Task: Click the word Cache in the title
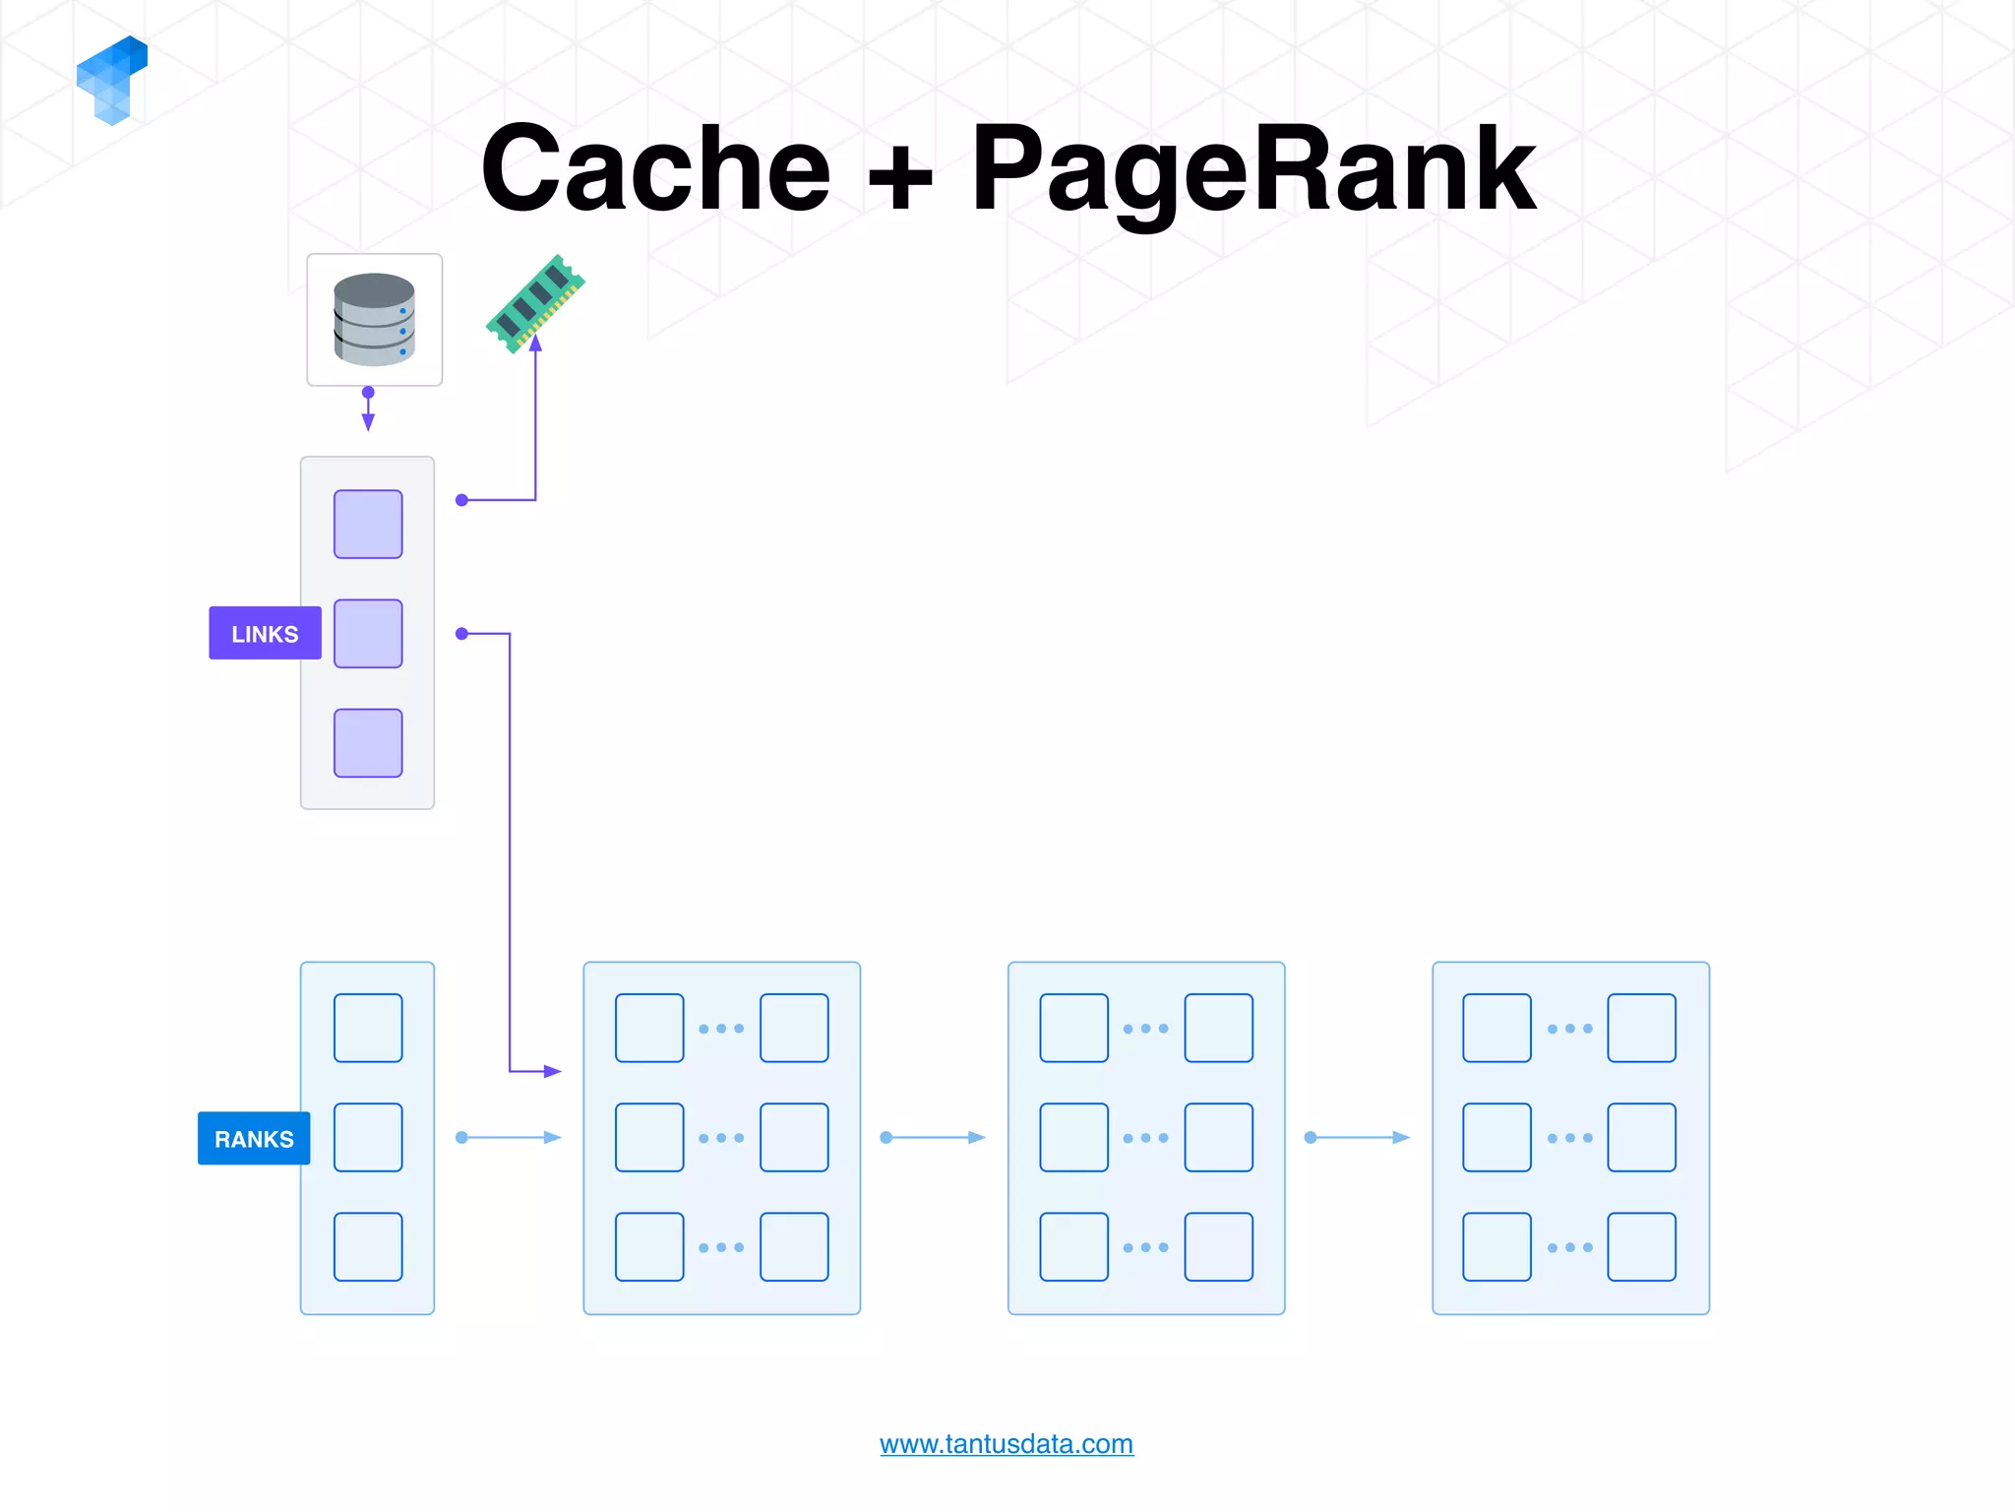[656, 169]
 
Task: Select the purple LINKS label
[265, 633]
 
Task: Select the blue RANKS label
[254, 1138]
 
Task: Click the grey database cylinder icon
[374, 319]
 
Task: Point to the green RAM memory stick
[535, 302]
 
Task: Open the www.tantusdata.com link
[1006, 1443]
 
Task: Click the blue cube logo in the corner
[112, 80]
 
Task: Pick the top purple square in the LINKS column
[368, 524]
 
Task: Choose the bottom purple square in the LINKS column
[368, 743]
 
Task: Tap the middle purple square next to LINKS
[368, 633]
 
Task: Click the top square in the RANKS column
[368, 1028]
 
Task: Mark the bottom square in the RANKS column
[368, 1246]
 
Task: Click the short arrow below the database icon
[368, 410]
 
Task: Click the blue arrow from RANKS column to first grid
[509, 1137]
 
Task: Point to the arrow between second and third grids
[1358, 1137]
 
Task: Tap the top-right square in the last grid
[1641, 1028]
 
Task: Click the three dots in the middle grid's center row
[1145, 1137]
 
